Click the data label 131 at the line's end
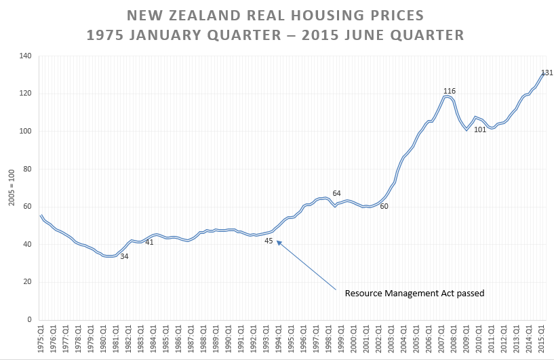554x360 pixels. tap(547, 73)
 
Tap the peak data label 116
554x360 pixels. tap(450, 91)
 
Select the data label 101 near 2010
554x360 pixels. tap(480, 129)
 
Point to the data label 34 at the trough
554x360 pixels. tap(124, 256)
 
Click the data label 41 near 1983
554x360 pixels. tap(149, 242)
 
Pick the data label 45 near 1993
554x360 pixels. tap(269, 241)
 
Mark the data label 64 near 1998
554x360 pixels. tap(336, 193)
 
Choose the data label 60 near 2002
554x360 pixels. tap(384, 206)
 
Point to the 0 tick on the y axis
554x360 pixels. tap(29, 319)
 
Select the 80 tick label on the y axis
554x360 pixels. tap(27, 169)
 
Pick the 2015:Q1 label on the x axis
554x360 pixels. tap(542, 338)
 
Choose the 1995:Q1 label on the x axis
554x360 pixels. tap(291, 338)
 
